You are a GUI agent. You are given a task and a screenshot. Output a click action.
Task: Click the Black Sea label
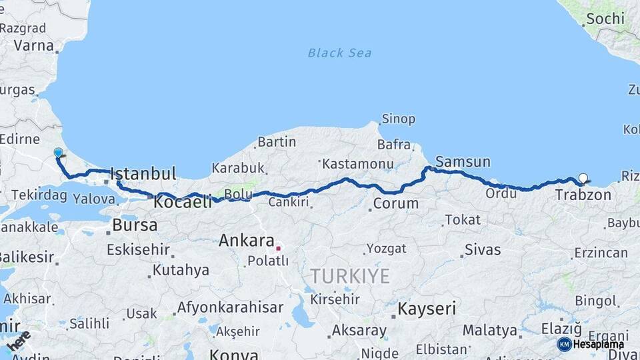tap(340, 53)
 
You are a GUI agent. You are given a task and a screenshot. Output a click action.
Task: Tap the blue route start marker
tap(58, 153)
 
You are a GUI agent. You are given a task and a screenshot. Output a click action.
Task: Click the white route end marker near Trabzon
tap(584, 178)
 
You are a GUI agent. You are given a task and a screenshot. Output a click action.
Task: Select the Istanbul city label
tap(143, 174)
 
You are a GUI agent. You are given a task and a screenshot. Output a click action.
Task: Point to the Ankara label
tap(247, 241)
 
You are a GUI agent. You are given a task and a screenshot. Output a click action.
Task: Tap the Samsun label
tap(463, 161)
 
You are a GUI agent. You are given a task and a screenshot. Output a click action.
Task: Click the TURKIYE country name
tap(349, 276)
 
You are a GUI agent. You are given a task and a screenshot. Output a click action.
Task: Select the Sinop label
tap(398, 119)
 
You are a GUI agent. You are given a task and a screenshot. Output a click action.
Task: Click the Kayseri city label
tap(427, 309)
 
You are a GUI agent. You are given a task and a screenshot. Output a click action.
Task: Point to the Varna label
tap(33, 46)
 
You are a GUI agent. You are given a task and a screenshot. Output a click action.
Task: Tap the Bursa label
tap(135, 225)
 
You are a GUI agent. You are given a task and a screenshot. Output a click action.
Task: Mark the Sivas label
tap(482, 250)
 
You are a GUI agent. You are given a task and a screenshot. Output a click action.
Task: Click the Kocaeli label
tap(183, 201)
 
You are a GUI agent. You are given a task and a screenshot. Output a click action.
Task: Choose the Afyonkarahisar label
tap(230, 308)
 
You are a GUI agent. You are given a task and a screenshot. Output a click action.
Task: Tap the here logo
tap(18, 341)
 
